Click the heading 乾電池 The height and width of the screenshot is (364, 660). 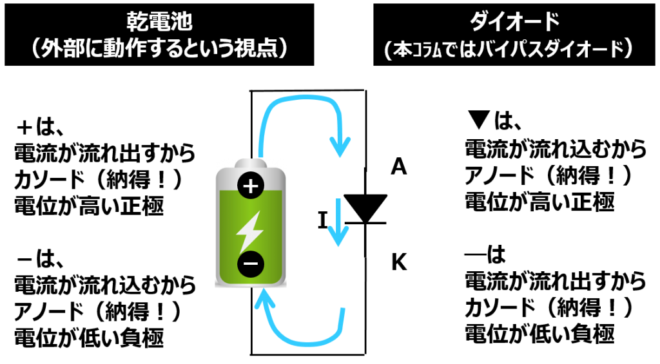click(159, 24)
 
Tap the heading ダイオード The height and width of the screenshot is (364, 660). click(514, 23)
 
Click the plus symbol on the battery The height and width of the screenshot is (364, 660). click(251, 186)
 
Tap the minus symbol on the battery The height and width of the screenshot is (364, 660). click(251, 263)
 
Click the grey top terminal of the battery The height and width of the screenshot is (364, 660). click(251, 162)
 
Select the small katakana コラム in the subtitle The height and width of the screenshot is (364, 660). click(429, 51)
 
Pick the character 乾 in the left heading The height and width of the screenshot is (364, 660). click(137, 24)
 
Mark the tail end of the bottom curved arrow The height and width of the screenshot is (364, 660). click(342, 311)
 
